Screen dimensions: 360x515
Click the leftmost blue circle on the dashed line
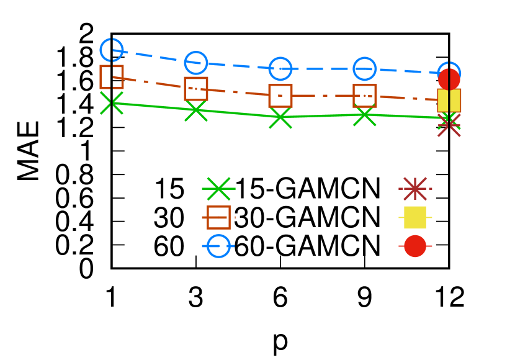(x=112, y=50)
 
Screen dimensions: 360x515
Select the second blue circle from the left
(x=196, y=63)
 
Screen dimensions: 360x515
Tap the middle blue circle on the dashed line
(x=280, y=68)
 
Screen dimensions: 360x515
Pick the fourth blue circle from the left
(x=365, y=68)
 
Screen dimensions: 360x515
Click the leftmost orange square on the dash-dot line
(x=112, y=77)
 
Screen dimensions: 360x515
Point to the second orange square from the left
(x=196, y=89)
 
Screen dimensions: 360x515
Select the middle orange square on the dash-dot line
(x=280, y=96)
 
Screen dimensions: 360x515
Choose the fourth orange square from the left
(x=365, y=96)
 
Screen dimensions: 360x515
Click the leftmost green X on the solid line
(x=112, y=103)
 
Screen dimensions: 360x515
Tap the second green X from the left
(x=196, y=110)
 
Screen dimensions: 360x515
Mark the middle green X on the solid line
(x=280, y=117)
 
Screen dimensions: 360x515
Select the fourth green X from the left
(x=365, y=115)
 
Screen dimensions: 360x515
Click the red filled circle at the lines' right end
(x=449, y=79)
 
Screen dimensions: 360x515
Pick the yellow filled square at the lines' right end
(x=449, y=101)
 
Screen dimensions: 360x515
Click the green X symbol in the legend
(x=218, y=189)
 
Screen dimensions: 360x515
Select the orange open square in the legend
(x=218, y=217)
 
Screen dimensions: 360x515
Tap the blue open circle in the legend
(x=218, y=246)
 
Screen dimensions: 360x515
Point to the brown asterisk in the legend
(x=415, y=189)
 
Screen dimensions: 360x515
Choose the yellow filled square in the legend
(x=415, y=217)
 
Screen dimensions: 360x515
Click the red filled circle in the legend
(x=415, y=246)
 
